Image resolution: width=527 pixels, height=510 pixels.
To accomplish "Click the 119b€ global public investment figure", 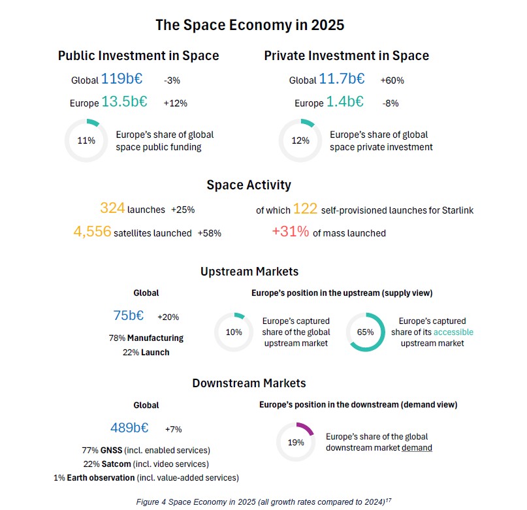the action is point(121,78).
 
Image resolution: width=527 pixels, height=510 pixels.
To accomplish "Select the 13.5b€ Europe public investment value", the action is point(124,101).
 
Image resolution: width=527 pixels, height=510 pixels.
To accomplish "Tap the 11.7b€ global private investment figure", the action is point(342,78).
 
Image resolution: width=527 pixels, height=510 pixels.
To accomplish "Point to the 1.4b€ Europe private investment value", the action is point(345,101).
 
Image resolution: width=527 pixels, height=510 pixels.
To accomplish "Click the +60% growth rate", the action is point(392,80).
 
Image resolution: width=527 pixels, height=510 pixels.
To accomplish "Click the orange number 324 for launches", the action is point(112,208).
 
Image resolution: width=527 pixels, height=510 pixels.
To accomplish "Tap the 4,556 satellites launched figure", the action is point(92,231).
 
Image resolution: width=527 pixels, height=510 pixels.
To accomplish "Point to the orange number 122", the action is point(305,209).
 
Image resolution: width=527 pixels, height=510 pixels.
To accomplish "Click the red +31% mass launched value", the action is point(291,231).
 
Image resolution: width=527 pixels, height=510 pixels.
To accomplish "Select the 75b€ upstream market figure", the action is point(129,315).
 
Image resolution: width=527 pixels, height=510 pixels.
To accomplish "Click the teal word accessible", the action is point(453,332).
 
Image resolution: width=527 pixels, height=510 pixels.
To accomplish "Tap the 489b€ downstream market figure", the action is point(129,428).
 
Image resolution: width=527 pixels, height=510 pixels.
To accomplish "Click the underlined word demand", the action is point(417,448).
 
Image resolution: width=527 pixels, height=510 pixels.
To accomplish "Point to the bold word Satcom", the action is point(116,464).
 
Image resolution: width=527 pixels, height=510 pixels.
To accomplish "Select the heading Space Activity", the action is point(249,185).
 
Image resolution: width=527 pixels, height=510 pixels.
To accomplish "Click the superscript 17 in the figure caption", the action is point(388,500).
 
